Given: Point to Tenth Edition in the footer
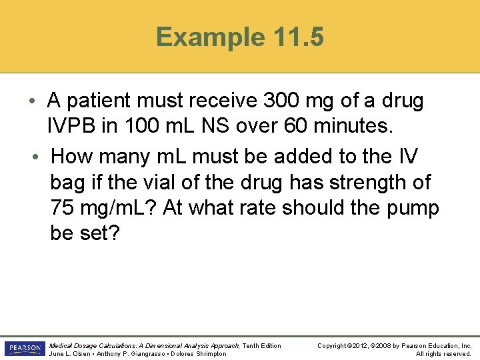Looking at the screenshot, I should [261, 345].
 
